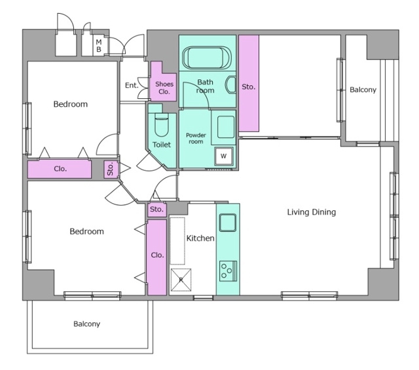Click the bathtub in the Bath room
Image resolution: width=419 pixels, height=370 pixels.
tap(206, 58)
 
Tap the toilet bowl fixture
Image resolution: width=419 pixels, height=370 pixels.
tap(162, 124)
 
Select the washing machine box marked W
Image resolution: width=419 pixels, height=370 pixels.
tap(224, 156)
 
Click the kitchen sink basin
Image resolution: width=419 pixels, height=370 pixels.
tap(228, 223)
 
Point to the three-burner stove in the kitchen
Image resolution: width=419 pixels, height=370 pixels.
tap(228, 271)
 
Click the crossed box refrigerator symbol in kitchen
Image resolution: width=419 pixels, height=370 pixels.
tap(181, 280)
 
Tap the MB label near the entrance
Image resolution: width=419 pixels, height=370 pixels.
tap(99, 46)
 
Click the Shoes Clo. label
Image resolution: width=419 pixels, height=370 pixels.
tap(164, 88)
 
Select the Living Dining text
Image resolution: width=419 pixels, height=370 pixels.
tap(312, 212)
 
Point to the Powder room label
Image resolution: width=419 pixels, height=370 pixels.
tap(196, 138)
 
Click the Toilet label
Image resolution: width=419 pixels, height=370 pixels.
tap(162, 145)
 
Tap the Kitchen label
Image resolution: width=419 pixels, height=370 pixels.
tap(200, 238)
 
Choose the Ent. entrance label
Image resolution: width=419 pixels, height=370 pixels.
tap(132, 85)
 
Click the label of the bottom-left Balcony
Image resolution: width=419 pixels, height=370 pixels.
tap(87, 324)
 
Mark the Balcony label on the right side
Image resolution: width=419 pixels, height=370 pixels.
tap(363, 90)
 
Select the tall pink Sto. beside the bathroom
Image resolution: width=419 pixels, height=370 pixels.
tap(249, 83)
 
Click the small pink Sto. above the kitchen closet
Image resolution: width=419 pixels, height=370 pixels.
tap(157, 210)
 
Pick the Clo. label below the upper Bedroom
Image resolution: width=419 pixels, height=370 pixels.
tap(60, 169)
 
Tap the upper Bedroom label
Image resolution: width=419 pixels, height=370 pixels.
tap(71, 104)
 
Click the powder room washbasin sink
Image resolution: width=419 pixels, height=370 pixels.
tap(226, 127)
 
